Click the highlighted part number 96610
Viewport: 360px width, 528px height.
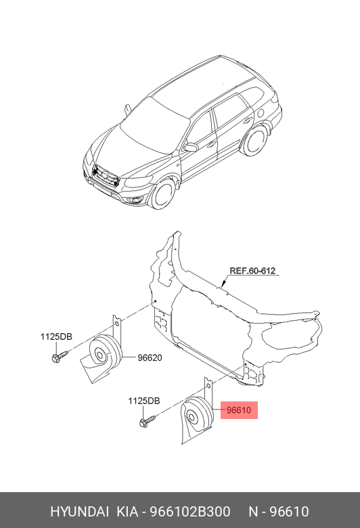[x=239, y=410]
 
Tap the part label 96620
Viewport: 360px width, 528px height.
[x=150, y=357]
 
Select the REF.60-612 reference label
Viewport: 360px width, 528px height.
[x=252, y=271]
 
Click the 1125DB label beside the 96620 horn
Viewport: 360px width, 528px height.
[x=56, y=336]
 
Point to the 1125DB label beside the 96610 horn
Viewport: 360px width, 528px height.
[x=144, y=401]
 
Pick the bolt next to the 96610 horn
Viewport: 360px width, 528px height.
[x=148, y=421]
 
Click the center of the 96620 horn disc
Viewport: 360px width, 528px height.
[x=100, y=355]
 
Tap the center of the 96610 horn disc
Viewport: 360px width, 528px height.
[x=192, y=418]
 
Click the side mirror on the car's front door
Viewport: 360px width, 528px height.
[x=191, y=148]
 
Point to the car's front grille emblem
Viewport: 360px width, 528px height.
[x=105, y=175]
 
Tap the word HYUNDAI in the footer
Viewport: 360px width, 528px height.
[x=79, y=512]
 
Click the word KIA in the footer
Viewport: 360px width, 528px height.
[x=127, y=512]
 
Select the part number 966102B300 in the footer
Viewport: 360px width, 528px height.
[x=190, y=512]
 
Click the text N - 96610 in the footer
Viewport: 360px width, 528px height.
[x=279, y=512]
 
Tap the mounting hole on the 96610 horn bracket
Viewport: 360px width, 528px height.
[x=208, y=386]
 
